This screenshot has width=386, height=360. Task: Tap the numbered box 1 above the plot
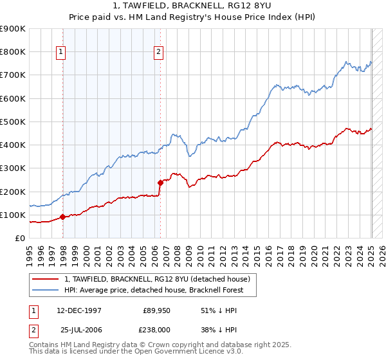click(60, 53)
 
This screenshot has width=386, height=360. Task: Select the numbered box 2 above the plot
click(158, 53)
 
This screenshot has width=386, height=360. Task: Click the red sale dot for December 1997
click(63, 217)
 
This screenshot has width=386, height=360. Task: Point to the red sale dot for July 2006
click(160, 183)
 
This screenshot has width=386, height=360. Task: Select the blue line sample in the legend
click(46, 290)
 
